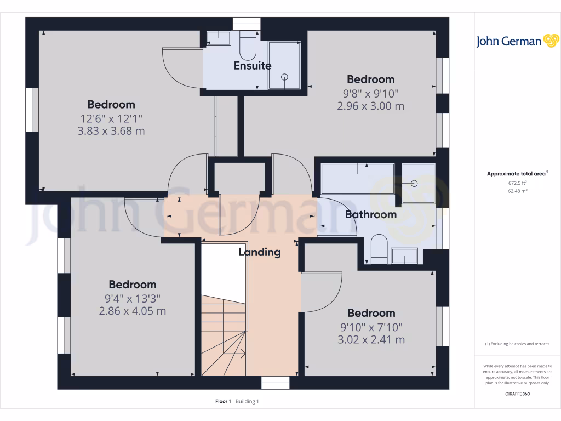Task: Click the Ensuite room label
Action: tap(253, 66)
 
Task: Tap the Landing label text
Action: tap(260, 252)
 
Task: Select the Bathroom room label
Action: tap(371, 214)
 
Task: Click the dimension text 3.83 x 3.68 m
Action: tap(111, 131)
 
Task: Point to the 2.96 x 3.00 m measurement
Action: tap(371, 106)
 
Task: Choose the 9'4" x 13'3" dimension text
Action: tap(132, 298)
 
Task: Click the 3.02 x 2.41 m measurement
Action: tap(371, 339)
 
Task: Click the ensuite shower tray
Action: tap(284, 65)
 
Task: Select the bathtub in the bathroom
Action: tap(357, 178)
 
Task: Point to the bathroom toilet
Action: tap(379, 248)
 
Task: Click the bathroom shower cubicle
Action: tap(418, 183)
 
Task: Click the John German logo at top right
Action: tap(517, 41)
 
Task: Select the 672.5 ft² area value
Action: tap(517, 183)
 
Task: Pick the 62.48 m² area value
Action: tap(517, 191)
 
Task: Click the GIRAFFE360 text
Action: tap(517, 394)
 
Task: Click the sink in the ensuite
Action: tap(219, 38)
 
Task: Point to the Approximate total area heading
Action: tap(517, 174)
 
